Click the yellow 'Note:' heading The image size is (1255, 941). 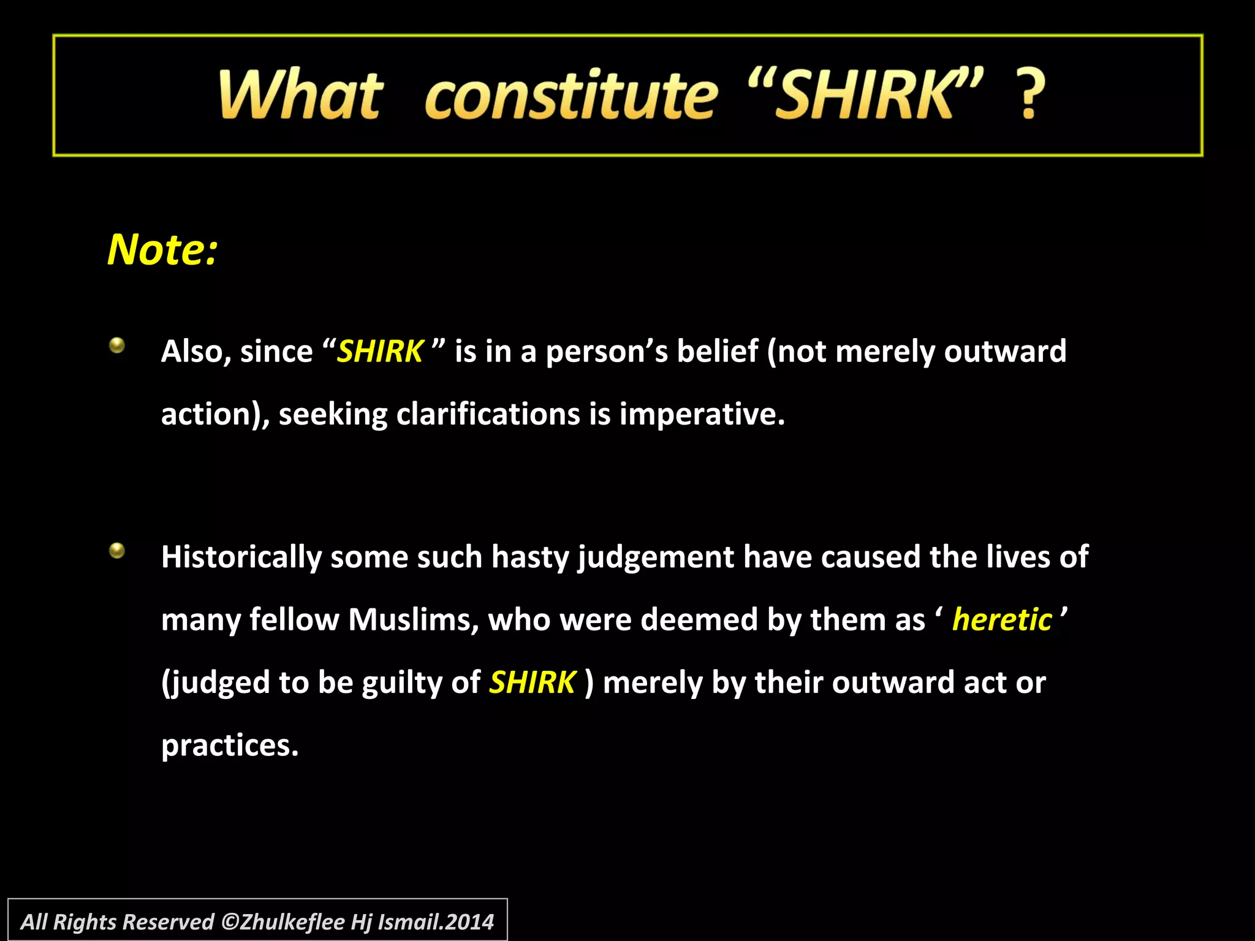[162, 250]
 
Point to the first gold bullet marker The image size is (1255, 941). [117, 346]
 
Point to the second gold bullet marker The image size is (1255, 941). [117, 551]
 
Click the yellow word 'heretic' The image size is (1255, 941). [1002, 619]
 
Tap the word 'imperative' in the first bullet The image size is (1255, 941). [698, 414]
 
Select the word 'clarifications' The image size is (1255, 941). [488, 414]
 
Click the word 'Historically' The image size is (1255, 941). [241, 557]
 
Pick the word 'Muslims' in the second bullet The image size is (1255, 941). [413, 619]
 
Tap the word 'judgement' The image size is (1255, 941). [656, 557]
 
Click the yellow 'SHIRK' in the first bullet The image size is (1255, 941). [380, 352]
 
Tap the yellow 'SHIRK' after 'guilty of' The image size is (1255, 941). [532, 682]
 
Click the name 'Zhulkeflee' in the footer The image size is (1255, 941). [292, 922]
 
